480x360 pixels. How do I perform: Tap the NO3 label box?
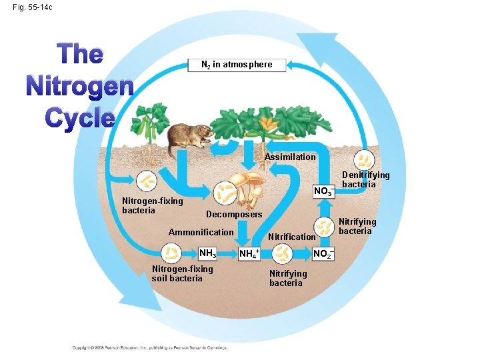tap(323, 191)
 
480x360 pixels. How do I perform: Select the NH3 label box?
tap(208, 253)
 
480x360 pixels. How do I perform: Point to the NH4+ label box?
tap(249, 253)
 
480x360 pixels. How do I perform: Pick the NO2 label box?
tap(323, 253)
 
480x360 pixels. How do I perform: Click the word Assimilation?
tap(290, 157)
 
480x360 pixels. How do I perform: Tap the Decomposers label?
tap(234, 215)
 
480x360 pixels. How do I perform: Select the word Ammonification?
tap(201, 233)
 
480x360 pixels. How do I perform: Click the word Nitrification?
tap(291, 237)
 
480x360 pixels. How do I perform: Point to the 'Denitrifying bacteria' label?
tap(365, 179)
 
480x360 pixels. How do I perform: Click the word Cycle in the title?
tap(80, 117)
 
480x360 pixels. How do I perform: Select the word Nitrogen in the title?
tap(80, 87)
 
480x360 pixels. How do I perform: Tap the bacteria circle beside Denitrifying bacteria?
tap(365, 159)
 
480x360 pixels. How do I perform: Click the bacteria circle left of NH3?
tap(172, 253)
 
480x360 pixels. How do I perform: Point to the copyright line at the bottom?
tap(150, 347)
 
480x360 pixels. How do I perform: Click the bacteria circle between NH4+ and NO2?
tap(284, 253)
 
